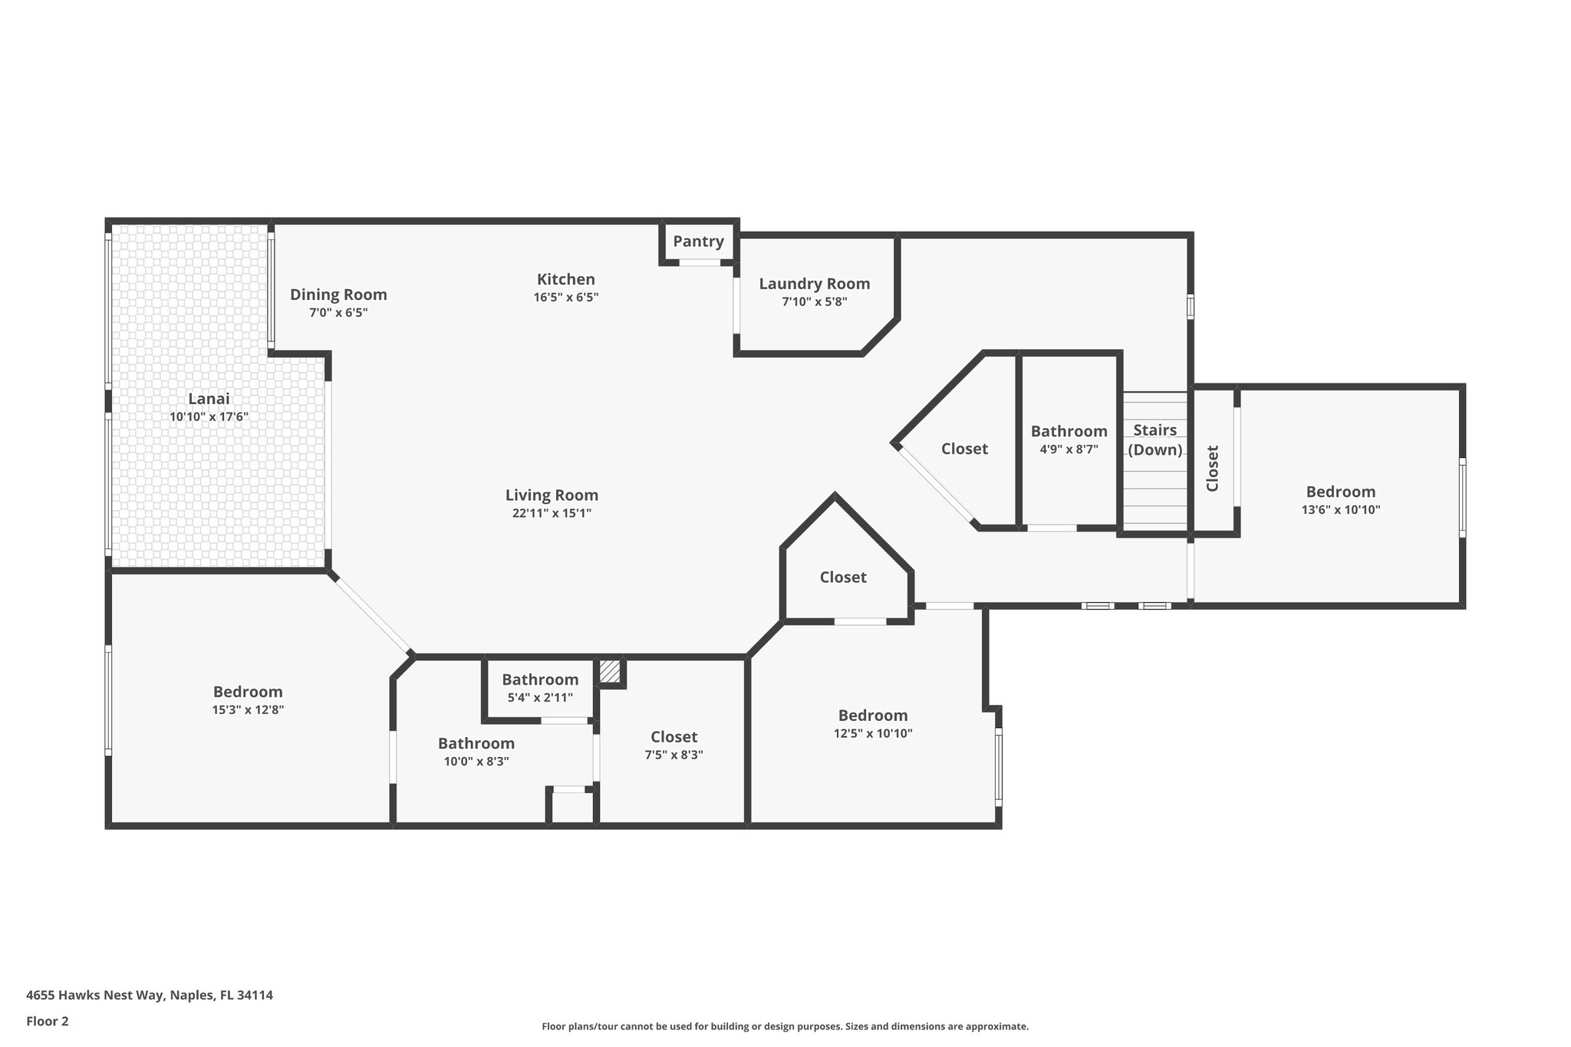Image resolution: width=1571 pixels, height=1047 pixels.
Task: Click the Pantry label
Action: [x=698, y=242]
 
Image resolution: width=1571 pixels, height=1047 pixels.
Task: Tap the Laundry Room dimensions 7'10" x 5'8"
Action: [x=814, y=302]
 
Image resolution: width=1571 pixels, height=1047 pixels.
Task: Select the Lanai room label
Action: [x=209, y=399]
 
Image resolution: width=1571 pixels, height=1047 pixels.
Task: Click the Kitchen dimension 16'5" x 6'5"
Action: [x=565, y=298]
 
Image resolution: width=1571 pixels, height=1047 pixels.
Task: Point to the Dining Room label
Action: [x=338, y=295]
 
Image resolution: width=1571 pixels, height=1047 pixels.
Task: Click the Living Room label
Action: [x=552, y=496]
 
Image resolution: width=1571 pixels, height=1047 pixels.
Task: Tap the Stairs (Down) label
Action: [x=1154, y=440]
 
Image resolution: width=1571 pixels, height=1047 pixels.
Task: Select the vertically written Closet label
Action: [x=1213, y=469]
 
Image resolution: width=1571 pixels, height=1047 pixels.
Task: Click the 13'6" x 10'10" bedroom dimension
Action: [x=1340, y=509]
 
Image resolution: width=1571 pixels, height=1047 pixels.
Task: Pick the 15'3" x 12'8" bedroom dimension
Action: [x=248, y=710]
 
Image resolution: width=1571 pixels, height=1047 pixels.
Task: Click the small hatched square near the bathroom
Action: [x=610, y=672]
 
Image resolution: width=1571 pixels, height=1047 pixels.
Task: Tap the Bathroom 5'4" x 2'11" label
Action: [x=540, y=680]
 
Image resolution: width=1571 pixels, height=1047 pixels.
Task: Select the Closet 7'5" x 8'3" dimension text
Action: [x=674, y=755]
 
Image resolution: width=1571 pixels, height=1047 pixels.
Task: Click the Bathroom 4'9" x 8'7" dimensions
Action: [x=1069, y=449]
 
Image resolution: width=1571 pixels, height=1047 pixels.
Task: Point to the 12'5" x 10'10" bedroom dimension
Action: [x=873, y=733]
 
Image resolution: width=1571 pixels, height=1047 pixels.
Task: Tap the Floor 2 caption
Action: [x=48, y=1021]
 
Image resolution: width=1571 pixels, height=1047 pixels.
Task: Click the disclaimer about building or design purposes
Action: [x=785, y=1026]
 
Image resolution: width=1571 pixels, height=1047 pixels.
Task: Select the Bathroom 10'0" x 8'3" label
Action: [x=476, y=743]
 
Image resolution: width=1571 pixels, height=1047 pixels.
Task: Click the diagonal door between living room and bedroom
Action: [x=373, y=614]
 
